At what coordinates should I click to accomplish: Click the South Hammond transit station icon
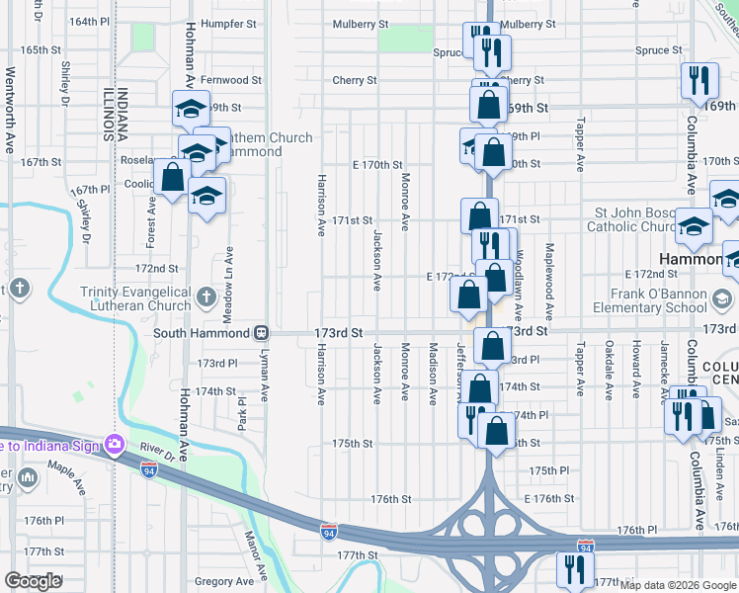(262, 333)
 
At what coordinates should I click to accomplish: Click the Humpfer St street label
(227, 22)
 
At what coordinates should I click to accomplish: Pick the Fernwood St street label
(230, 80)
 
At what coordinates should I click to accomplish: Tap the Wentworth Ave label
(11, 109)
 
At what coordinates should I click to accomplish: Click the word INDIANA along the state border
(123, 115)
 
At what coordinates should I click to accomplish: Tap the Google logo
(33, 581)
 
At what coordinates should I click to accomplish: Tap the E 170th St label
(377, 165)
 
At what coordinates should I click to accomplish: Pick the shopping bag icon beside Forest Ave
(172, 179)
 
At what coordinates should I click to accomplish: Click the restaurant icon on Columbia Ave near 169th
(699, 82)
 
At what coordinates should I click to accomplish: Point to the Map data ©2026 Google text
(678, 585)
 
